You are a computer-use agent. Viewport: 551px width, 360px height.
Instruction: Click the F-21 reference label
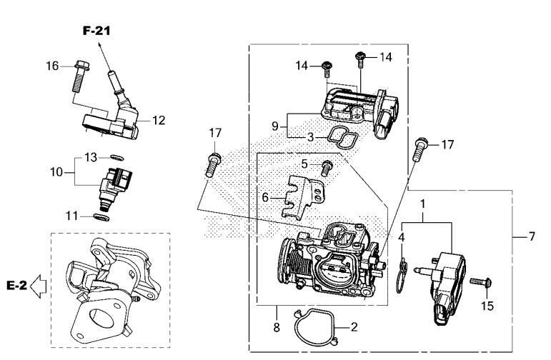96,31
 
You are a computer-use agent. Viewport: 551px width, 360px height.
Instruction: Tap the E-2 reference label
16,286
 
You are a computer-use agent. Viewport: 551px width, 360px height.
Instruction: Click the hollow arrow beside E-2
39,286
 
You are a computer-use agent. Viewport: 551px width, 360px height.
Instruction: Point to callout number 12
159,121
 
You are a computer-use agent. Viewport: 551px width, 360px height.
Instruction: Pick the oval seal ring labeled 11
101,217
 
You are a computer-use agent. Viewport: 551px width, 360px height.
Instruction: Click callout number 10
56,172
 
